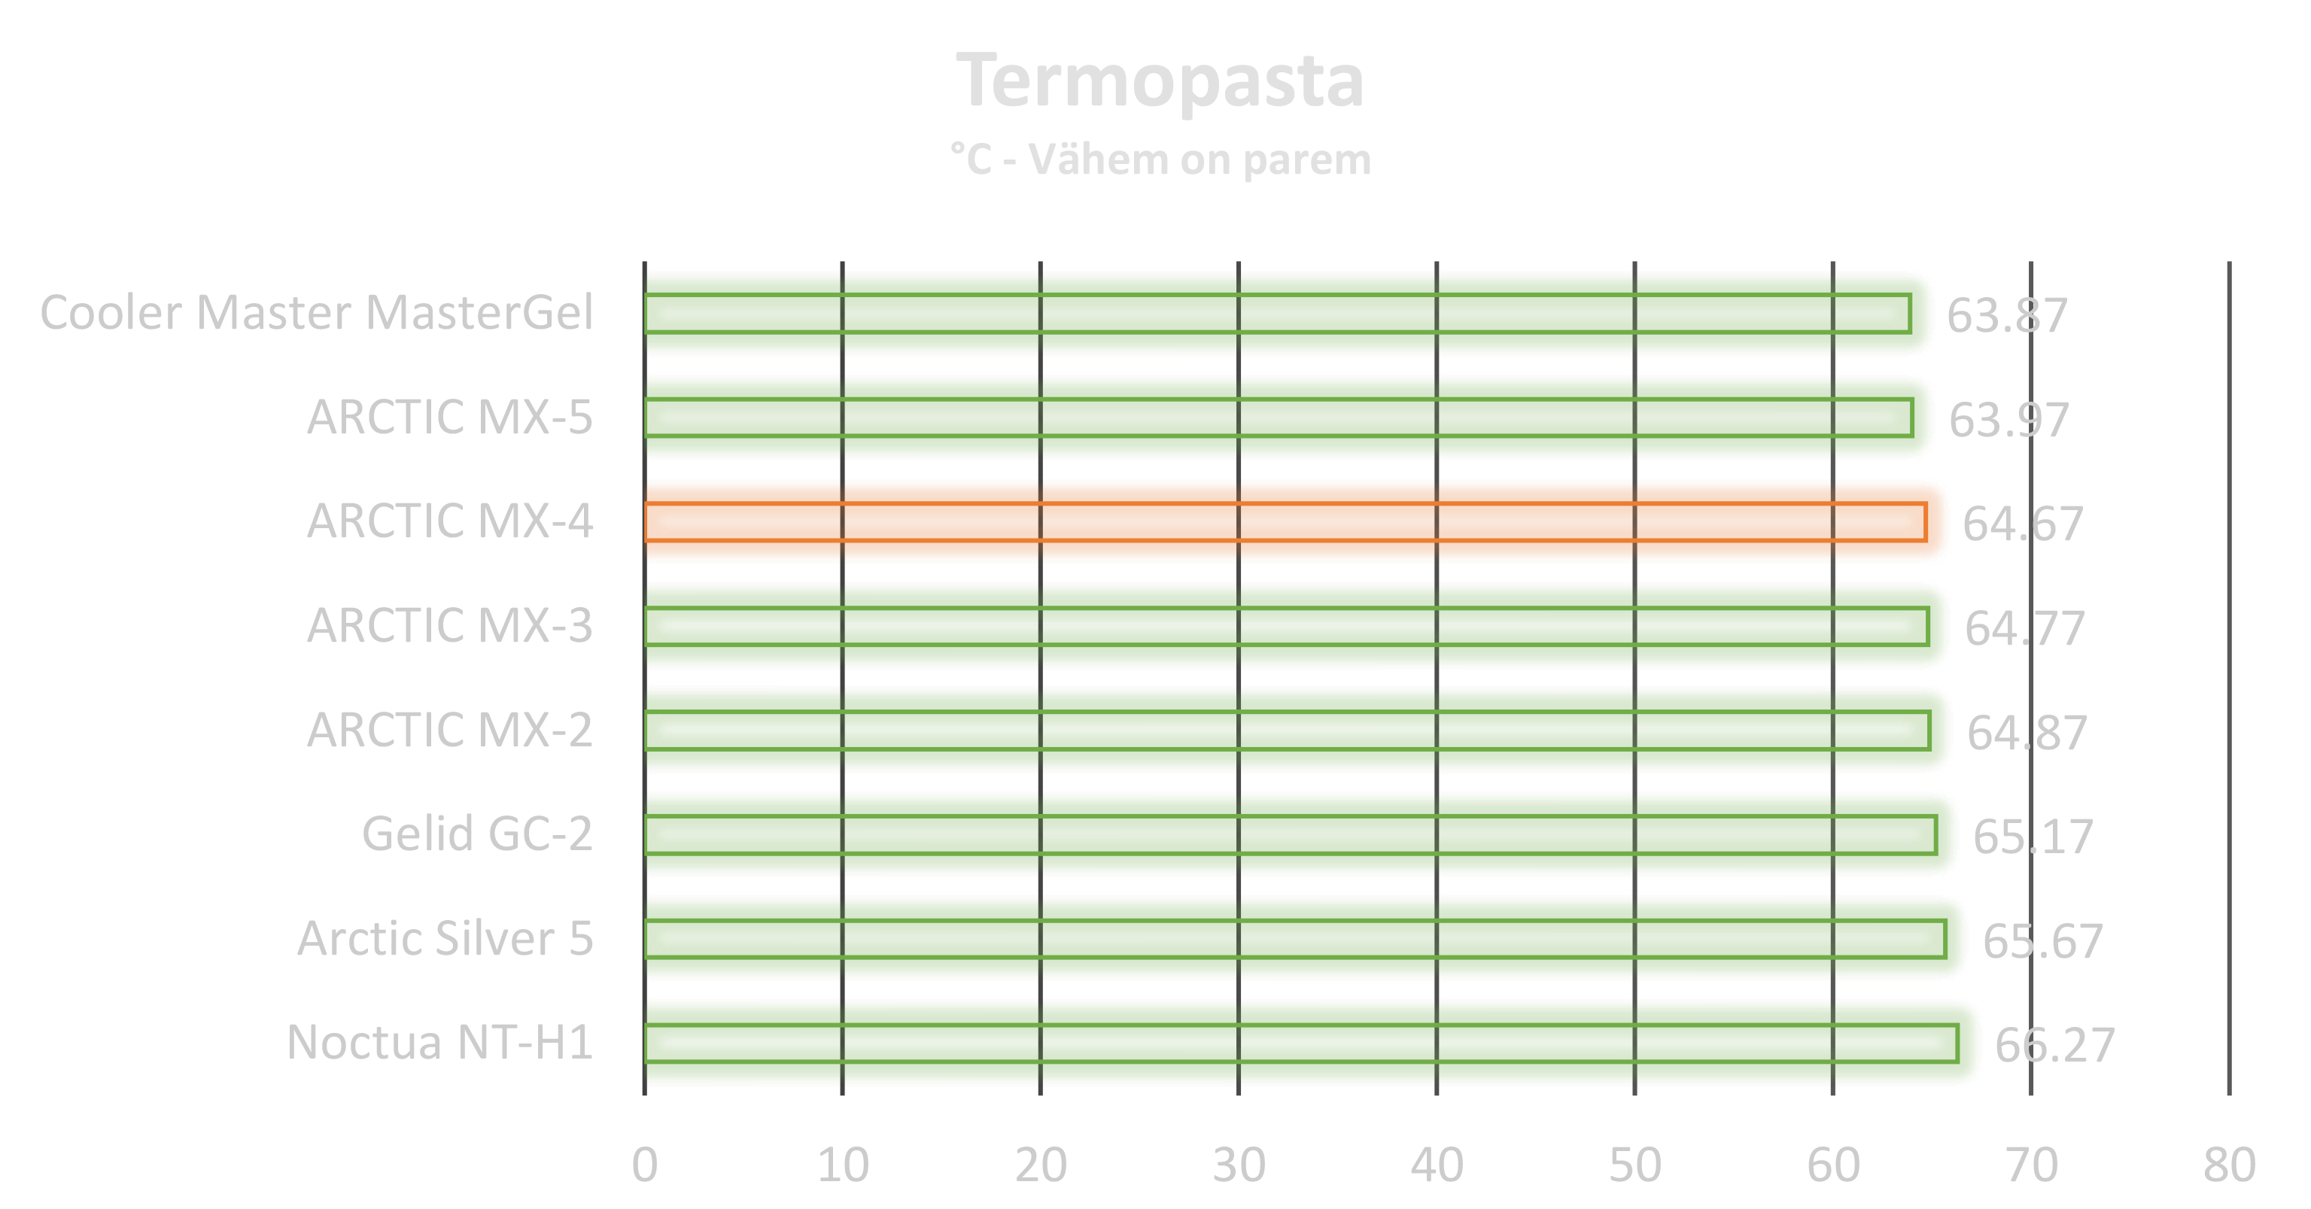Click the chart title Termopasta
click(x=1161, y=83)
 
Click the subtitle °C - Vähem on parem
click(x=1161, y=160)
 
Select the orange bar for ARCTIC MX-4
click(x=1292, y=521)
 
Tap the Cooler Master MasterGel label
click(x=318, y=313)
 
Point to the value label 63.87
click(x=2007, y=316)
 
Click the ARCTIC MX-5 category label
click(x=449, y=417)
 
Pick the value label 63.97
click(x=2008, y=420)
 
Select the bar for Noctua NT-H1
click(x=1310, y=1043)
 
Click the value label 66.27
click(x=2054, y=1046)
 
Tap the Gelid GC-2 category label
click(x=476, y=834)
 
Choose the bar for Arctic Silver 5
click(x=1306, y=938)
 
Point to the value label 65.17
click(x=2033, y=837)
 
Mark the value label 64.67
click(x=2022, y=524)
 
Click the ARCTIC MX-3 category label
click(x=449, y=625)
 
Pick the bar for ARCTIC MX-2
click(x=1297, y=730)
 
